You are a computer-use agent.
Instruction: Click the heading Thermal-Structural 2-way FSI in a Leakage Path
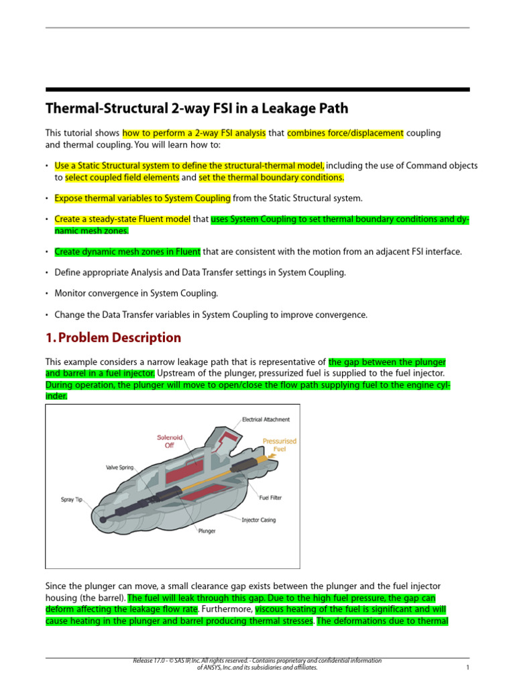[196, 109]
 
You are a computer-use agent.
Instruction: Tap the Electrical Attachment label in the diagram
[266, 419]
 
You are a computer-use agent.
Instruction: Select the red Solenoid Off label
[169, 441]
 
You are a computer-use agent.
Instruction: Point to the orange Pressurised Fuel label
[279, 445]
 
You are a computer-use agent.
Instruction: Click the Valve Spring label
[121, 467]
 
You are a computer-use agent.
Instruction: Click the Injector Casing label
[258, 520]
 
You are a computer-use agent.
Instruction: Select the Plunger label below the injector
[207, 531]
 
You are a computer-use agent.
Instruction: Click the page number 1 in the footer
[467, 668]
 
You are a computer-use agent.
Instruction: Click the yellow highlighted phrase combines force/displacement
[345, 133]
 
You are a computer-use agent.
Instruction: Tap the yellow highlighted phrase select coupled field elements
[122, 178]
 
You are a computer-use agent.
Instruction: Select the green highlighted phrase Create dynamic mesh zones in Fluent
[127, 252]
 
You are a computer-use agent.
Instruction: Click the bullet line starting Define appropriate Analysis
[200, 272]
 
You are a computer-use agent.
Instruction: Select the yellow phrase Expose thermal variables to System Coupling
[142, 198]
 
